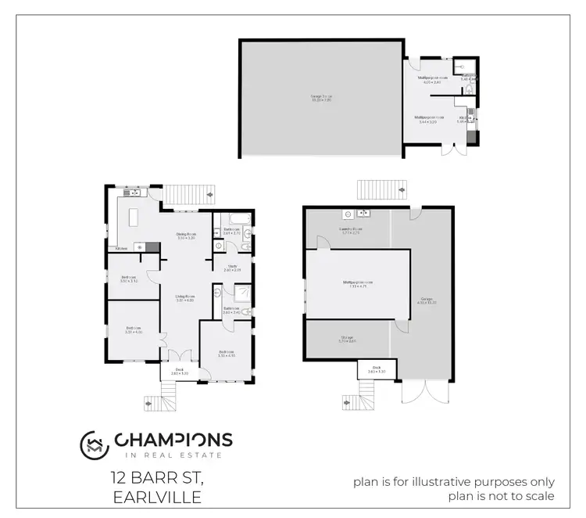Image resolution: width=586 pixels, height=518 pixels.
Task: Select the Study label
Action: tap(232, 268)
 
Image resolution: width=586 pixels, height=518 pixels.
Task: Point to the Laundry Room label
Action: tap(350, 231)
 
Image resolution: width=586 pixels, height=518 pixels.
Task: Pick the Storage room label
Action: tap(347, 340)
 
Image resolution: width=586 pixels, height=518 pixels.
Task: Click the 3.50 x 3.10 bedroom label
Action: tap(129, 279)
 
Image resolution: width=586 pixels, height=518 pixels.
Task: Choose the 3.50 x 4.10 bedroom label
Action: tap(226, 354)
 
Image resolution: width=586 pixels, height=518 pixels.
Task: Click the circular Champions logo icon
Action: tap(95, 445)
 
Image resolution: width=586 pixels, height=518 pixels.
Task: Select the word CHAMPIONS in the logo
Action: tap(173, 440)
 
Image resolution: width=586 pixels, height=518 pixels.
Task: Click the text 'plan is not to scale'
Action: tap(501, 495)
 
